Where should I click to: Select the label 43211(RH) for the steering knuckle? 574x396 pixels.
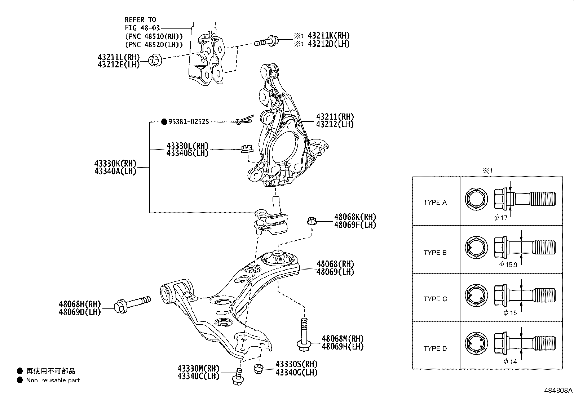(335, 117)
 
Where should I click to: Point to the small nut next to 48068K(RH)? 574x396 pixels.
(312, 221)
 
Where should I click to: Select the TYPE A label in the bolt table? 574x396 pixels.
(435, 203)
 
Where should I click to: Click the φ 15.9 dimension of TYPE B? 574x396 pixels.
(508, 264)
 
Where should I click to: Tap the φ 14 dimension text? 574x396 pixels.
(510, 361)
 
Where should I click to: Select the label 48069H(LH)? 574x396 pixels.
(343, 347)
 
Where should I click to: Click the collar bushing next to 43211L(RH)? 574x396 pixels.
(155, 60)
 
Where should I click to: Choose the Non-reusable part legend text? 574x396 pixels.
(53, 380)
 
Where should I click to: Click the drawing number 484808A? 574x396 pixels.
(558, 390)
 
